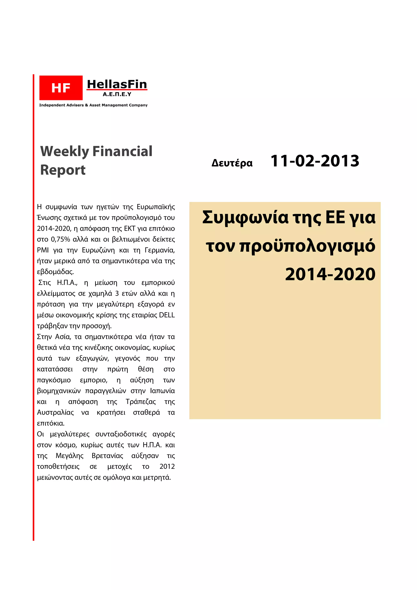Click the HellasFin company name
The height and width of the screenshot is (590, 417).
pyautogui.click(x=117, y=84)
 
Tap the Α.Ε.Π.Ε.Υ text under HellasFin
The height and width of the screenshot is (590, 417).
pyautogui.click(x=117, y=94)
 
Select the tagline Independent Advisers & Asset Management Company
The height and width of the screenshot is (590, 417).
pyautogui.click(x=93, y=105)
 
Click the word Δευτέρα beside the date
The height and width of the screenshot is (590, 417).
pyautogui.click(x=232, y=163)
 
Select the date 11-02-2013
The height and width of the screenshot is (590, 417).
pyautogui.click(x=315, y=161)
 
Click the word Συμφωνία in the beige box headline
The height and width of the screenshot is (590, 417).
pyautogui.click(x=245, y=217)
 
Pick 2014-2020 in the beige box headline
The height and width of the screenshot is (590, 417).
pyautogui.click(x=330, y=274)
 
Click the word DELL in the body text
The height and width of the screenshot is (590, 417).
pyautogui.click(x=167, y=315)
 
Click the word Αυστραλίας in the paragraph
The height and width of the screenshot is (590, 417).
pyautogui.click(x=55, y=412)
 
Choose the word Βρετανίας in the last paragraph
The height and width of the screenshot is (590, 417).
pyautogui.click(x=107, y=456)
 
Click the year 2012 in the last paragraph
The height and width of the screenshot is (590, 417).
pyautogui.click(x=167, y=466)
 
